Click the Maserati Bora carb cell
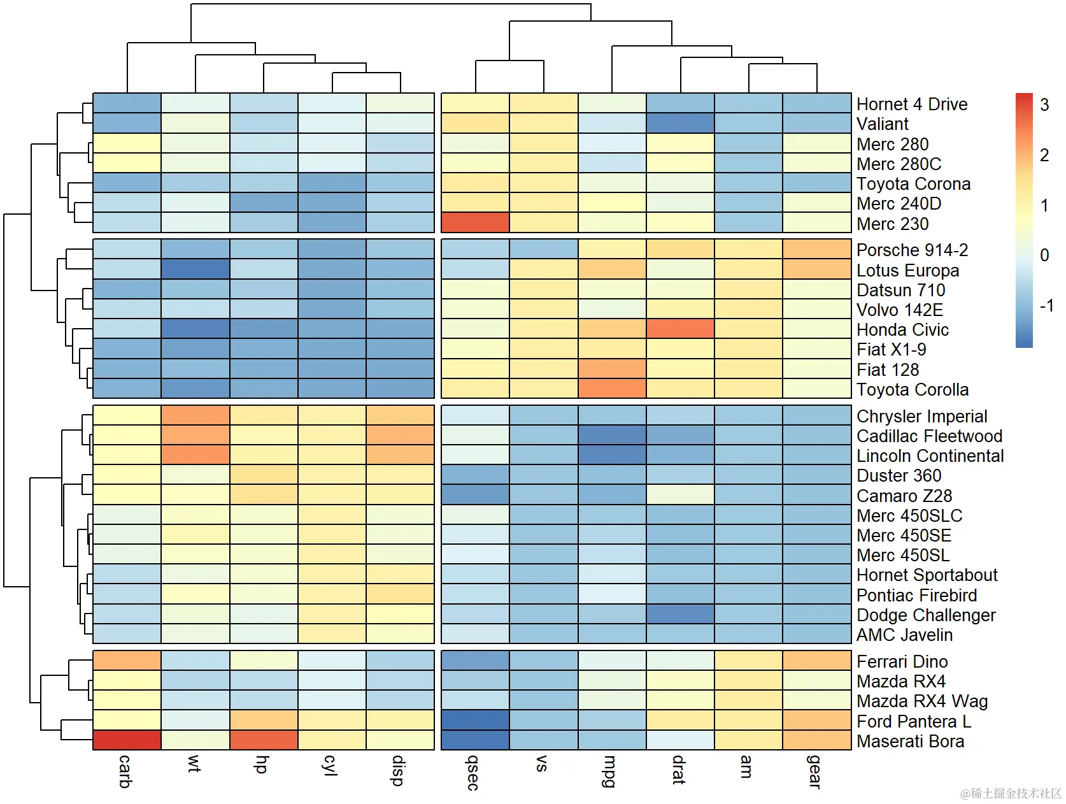(127, 740)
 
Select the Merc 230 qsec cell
(475, 222)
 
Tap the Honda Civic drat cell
(680, 329)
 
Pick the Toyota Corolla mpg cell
(612, 388)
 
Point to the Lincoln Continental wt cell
(195, 455)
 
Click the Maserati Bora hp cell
(264, 740)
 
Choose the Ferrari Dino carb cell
(127, 661)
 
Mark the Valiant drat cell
(680, 123)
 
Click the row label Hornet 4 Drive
(912, 104)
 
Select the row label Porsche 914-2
(912, 250)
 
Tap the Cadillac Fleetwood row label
(929, 436)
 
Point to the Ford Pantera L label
(914, 721)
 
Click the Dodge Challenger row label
(926, 615)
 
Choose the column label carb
(125, 771)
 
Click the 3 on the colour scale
(1044, 104)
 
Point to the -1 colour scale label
(1046, 306)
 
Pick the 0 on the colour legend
(1044, 255)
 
